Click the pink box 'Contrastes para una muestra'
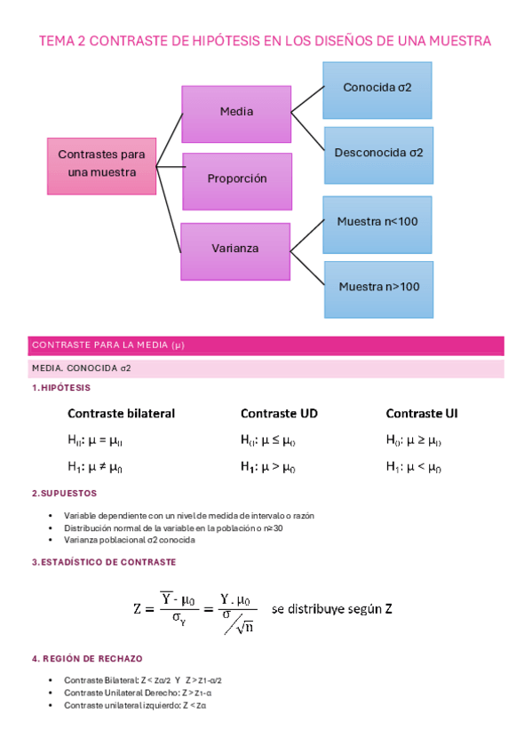click(x=102, y=166)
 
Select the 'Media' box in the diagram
click(x=236, y=115)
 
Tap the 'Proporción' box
click(x=237, y=181)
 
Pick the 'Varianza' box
click(x=235, y=251)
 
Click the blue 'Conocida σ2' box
click(x=377, y=91)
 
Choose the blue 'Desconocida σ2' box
click(x=379, y=155)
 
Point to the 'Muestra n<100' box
click(x=377, y=225)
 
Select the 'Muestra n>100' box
click(x=379, y=289)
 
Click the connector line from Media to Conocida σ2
click(x=308, y=99)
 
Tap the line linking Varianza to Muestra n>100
click(x=307, y=268)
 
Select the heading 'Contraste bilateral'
click(x=121, y=414)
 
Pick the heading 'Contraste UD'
click(x=279, y=414)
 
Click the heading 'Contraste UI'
click(x=422, y=414)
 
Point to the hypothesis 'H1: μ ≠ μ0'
click(x=95, y=467)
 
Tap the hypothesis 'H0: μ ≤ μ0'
click(x=268, y=440)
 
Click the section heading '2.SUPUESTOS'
click(x=64, y=493)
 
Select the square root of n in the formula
click(x=245, y=627)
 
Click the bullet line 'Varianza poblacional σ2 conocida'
click(x=130, y=540)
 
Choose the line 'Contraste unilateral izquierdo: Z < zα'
click(x=135, y=705)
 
